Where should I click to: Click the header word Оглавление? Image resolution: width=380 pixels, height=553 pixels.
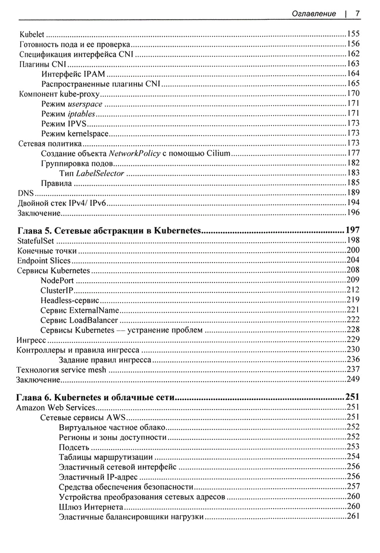tap(313, 14)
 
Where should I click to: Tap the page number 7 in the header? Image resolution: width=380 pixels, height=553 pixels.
tap(357, 14)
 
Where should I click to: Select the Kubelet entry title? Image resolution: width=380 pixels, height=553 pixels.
tap(32, 35)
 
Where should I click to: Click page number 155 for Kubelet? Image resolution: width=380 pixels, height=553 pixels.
tap(353, 34)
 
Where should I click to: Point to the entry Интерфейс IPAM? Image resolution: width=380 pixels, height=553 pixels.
tap(73, 74)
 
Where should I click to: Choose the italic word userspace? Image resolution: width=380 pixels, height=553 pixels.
tap(85, 104)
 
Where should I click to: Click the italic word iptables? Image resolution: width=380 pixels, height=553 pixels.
tap(81, 114)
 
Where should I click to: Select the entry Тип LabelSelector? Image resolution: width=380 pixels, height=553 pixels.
tap(92, 173)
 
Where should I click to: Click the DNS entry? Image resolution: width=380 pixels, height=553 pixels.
tap(26, 193)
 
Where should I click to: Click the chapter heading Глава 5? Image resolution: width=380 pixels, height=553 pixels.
tap(109, 230)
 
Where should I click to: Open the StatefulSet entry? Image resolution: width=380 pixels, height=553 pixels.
tap(36, 240)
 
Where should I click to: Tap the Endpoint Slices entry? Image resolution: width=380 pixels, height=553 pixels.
tap(44, 261)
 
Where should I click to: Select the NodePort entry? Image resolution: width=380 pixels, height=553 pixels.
tap(57, 281)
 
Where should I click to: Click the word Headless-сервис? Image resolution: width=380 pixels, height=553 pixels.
tap(70, 300)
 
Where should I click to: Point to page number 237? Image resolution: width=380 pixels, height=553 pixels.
tap(353, 369)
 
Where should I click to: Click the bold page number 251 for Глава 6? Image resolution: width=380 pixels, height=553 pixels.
tap(352, 397)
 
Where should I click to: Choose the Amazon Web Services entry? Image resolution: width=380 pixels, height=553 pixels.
tap(55, 408)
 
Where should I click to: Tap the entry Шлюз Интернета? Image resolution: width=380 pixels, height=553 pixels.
tap(91, 507)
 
